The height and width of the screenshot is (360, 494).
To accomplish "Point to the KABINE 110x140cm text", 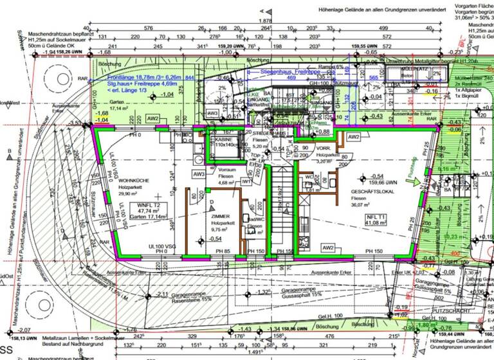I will point(225,142).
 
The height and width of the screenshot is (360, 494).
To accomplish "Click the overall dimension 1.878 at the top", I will point(264,21).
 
